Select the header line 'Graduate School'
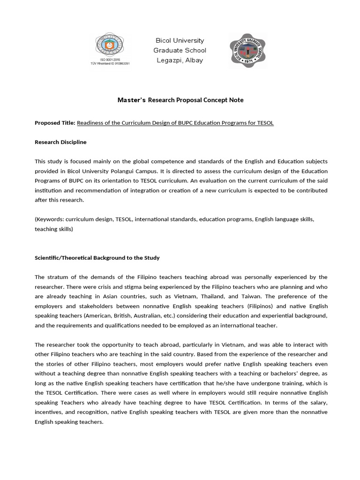tap(180, 51)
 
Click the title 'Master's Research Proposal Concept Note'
tap(180, 100)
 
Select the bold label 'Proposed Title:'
tap(55, 123)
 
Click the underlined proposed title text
tap(175, 123)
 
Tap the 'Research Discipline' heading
tap(60, 142)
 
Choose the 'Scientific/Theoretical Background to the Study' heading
tap(97, 258)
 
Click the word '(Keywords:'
tap(49, 219)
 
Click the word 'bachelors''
tap(292, 374)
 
